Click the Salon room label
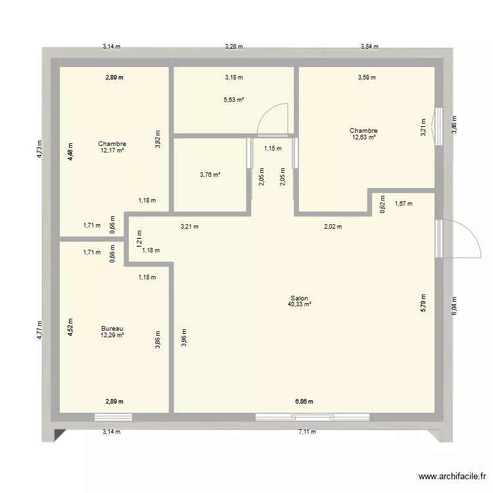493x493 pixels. (x=299, y=298)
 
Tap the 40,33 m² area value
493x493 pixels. (x=299, y=304)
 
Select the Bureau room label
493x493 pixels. (x=112, y=329)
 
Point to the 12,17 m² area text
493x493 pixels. (x=112, y=151)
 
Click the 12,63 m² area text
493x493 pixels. (x=364, y=137)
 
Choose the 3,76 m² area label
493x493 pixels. (x=210, y=175)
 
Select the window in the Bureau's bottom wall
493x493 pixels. (x=112, y=417)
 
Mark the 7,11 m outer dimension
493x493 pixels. (x=307, y=432)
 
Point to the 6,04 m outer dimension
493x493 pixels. (x=454, y=304)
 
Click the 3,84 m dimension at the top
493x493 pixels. (x=369, y=47)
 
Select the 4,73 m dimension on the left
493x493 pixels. (x=39, y=151)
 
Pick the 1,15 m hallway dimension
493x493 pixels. (x=272, y=149)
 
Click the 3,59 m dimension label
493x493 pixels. (x=366, y=78)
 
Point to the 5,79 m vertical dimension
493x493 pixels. (x=423, y=302)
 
